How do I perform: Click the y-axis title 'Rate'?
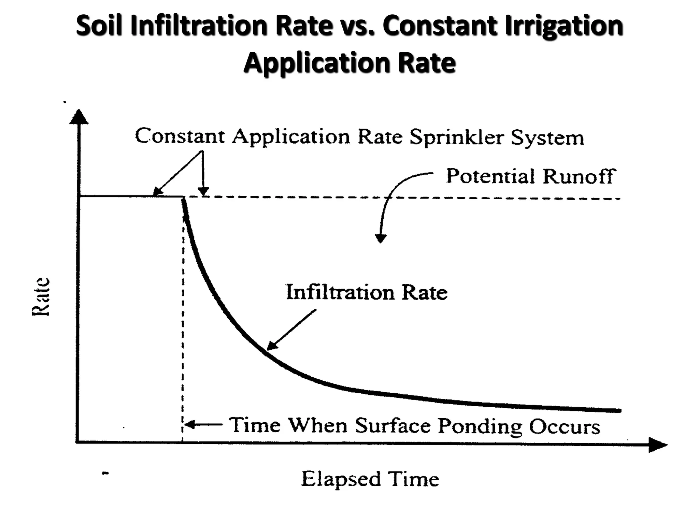tap(41, 296)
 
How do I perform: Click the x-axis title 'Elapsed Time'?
tap(370, 479)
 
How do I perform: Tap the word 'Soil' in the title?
tap(99, 26)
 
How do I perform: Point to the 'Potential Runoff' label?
tap(531, 177)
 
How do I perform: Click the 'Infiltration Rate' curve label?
tap(367, 292)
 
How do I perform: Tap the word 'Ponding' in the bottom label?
tap(480, 426)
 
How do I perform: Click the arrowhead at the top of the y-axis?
tap(79, 117)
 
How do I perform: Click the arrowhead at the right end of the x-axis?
tap(657, 445)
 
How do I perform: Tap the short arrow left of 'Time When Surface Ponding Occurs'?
tap(203, 425)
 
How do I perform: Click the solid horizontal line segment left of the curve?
tap(130, 196)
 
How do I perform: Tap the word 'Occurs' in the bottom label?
tap(565, 426)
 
